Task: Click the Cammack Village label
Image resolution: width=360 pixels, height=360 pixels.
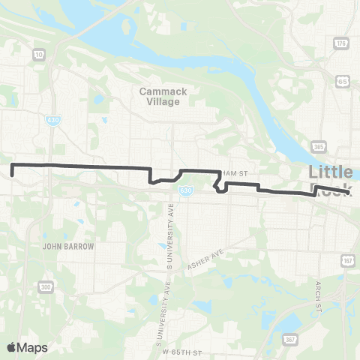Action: [x=160, y=96]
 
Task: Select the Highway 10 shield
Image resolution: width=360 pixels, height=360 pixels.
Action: [x=37, y=54]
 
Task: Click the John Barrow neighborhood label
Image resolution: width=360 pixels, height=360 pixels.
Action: [x=69, y=245]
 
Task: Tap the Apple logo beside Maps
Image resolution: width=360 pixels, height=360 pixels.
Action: [x=12, y=346]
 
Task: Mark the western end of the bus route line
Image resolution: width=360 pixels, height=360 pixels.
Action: [x=13, y=174]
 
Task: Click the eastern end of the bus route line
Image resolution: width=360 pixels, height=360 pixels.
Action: [x=350, y=193]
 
